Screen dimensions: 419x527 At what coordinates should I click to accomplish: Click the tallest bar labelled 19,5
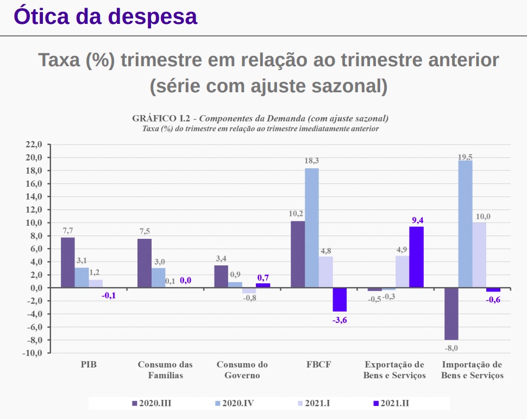click(465, 224)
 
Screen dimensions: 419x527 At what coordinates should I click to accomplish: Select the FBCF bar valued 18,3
click(312, 228)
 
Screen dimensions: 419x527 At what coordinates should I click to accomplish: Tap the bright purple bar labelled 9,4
click(416, 257)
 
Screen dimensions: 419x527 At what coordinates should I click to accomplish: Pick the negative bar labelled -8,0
click(451, 314)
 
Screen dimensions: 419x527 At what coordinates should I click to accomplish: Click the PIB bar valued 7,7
click(68, 263)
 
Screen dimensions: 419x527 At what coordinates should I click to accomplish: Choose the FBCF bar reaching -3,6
click(340, 300)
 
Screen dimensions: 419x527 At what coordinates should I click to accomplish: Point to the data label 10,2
click(297, 213)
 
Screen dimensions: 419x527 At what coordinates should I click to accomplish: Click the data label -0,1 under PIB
click(109, 296)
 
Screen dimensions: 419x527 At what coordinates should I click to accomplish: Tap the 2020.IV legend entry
click(234, 403)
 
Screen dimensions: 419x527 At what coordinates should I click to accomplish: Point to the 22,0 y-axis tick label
click(33, 145)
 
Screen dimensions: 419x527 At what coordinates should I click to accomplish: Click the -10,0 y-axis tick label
click(32, 353)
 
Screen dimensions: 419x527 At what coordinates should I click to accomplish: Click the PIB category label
click(89, 365)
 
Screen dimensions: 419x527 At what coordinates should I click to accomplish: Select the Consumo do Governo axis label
click(242, 370)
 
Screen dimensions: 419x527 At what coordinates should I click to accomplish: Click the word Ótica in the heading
click(43, 17)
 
